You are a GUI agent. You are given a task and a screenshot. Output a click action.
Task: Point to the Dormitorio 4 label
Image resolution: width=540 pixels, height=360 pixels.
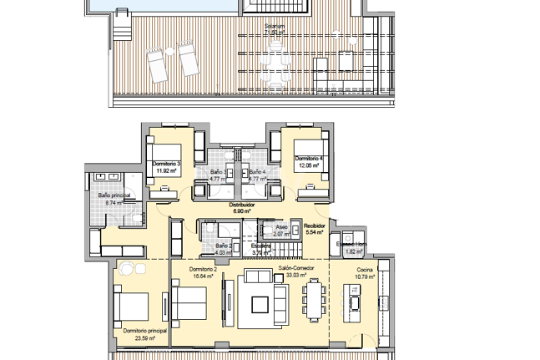click(x=308, y=157)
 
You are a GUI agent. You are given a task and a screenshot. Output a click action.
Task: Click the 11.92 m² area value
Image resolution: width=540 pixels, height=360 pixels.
click(x=168, y=170)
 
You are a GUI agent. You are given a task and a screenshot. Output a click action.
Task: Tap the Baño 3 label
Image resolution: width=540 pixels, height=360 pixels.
click(x=218, y=171)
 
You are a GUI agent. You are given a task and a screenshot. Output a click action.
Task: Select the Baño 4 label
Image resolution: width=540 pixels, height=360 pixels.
click(x=257, y=171)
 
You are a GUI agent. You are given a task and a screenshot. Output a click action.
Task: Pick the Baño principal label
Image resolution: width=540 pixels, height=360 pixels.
click(x=114, y=195)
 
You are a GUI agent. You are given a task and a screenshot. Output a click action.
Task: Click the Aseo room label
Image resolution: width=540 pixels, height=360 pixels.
click(x=281, y=227)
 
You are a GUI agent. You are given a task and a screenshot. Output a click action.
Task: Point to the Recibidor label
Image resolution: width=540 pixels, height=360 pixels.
click(x=314, y=225)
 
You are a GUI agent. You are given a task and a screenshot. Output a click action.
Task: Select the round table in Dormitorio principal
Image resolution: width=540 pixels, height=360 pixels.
click(x=129, y=268)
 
